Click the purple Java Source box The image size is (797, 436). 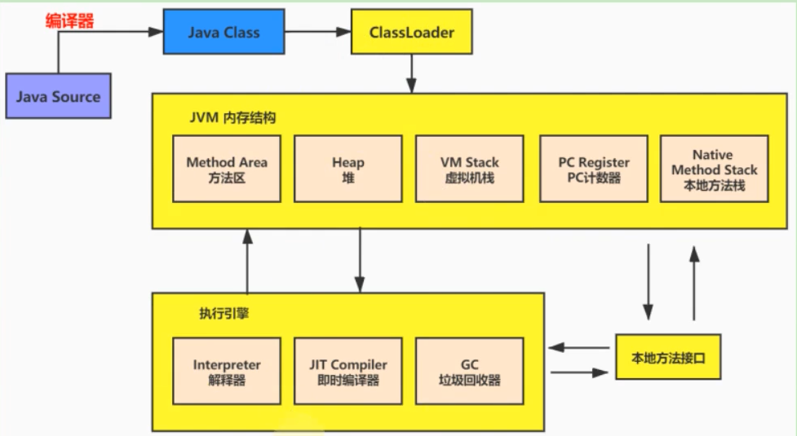58,97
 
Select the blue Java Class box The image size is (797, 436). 223,33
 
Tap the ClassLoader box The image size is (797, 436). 411,33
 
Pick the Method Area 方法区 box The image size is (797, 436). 226,169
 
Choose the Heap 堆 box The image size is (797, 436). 348,169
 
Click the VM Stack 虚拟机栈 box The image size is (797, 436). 469,169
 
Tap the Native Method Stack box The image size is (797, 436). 714,169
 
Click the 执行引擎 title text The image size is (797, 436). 224,313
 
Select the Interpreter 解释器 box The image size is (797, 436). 226,372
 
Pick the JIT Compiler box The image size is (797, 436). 348,372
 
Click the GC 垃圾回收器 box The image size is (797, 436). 469,372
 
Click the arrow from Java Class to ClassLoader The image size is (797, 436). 317,33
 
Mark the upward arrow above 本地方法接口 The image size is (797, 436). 693,285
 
